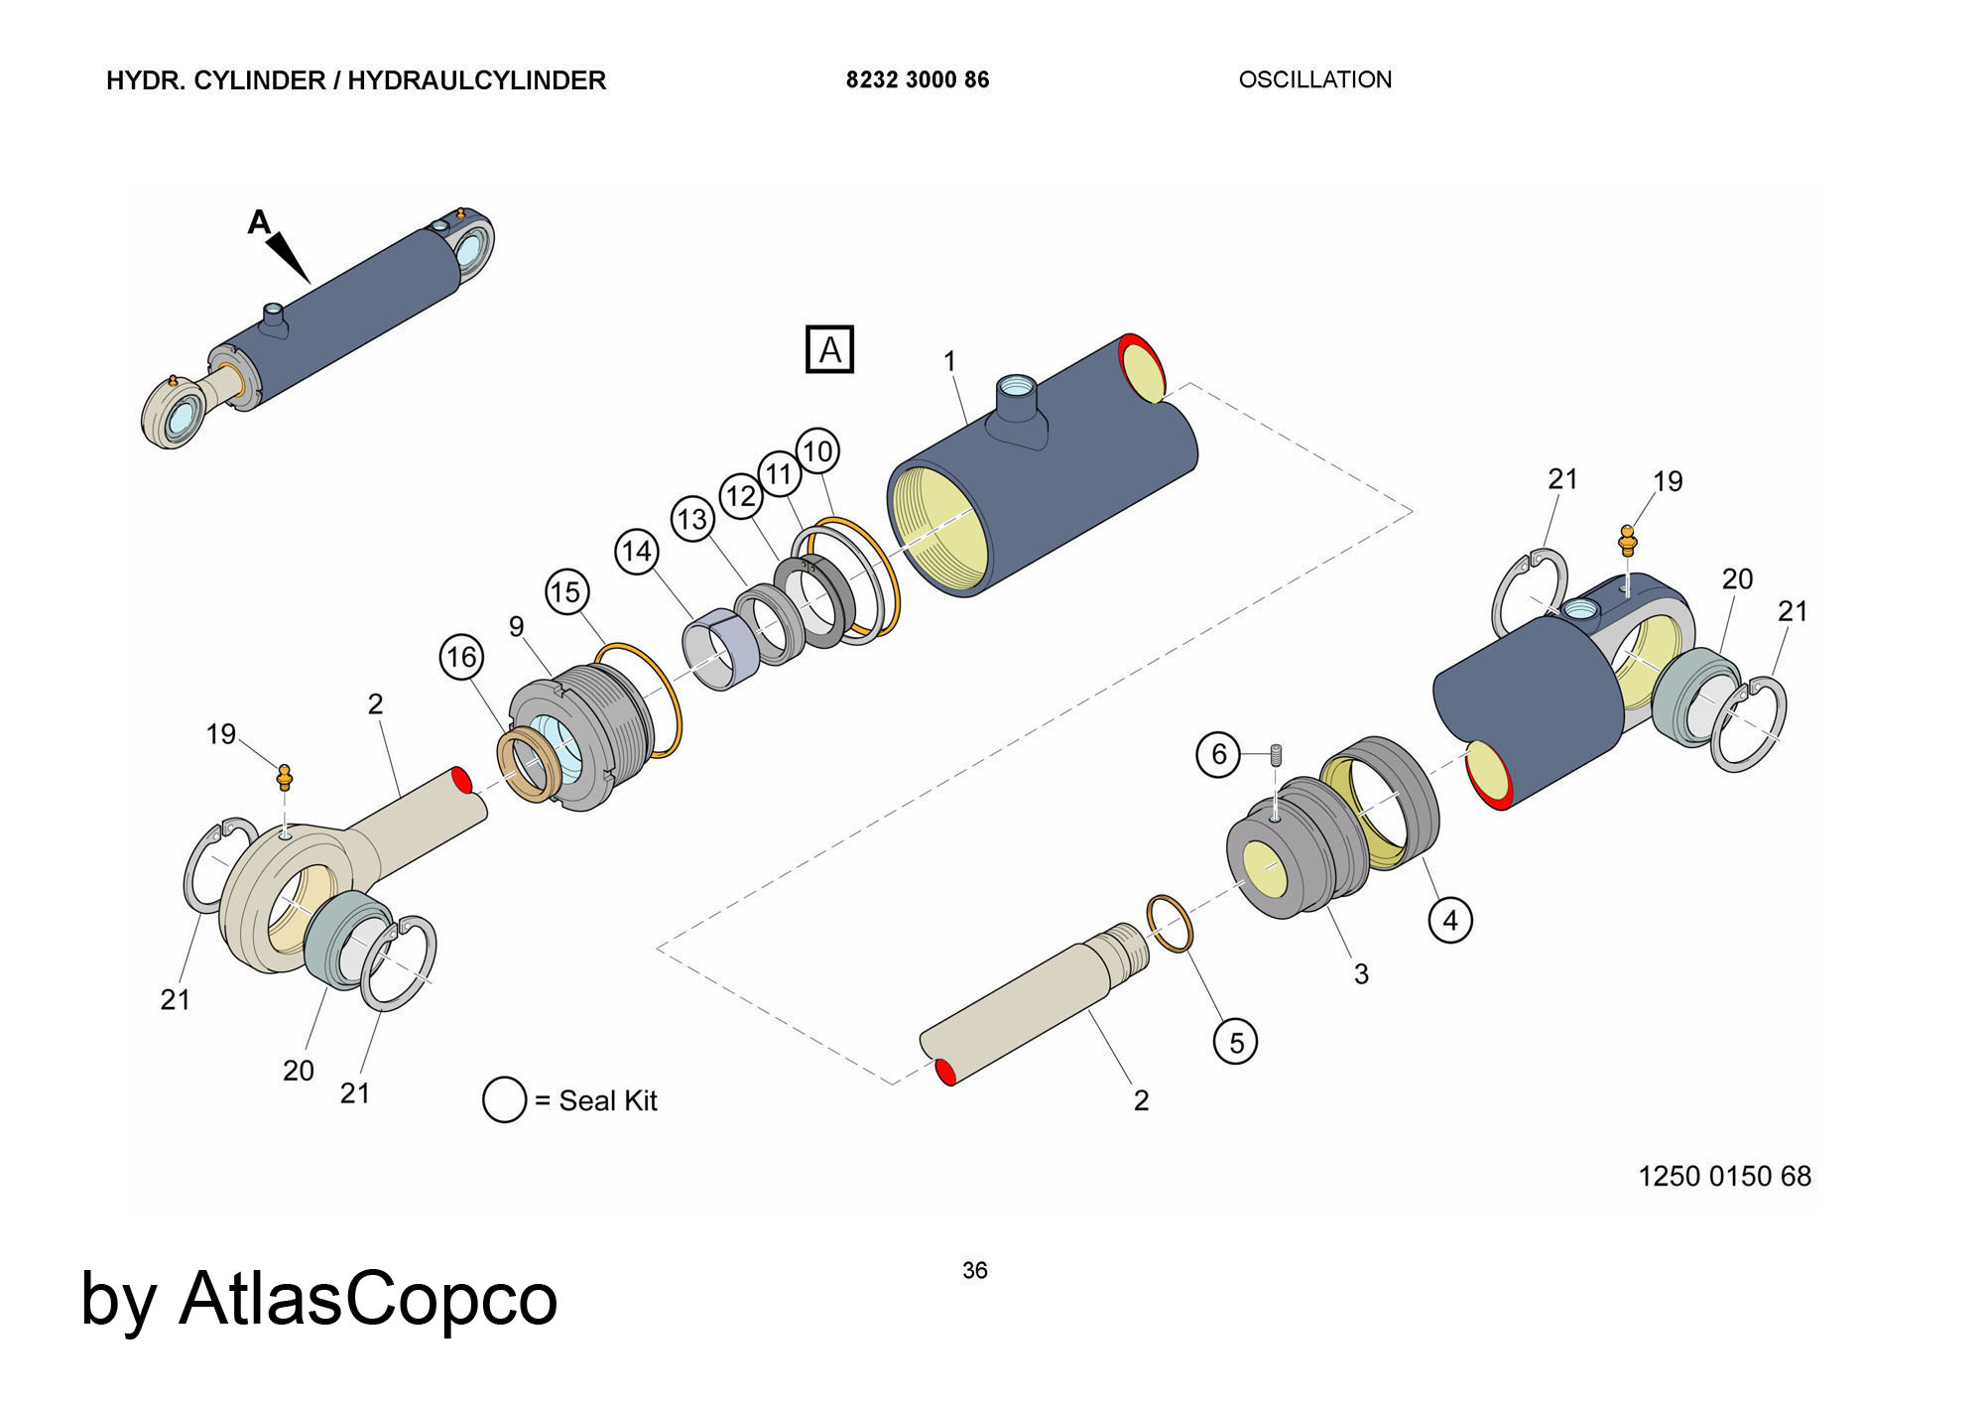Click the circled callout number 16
click(461, 657)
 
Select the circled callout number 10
click(817, 451)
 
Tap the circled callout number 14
click(637, 551)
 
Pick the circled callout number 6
click(1219, 754)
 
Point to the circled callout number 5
click(1236, 1042)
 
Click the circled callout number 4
click(1450, 920)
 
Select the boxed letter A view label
click(829, 349)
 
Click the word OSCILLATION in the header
click(1314, 79)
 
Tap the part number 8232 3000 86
click(918, 79)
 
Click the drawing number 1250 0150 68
click(1724, 1176)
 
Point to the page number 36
click(975, 1270)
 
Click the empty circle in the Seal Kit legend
click(504, 1100)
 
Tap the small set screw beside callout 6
click(1277, 755)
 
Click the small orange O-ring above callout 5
click(1170, 923)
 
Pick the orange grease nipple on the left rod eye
click(285, 776)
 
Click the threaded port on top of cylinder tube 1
click(1017, 389)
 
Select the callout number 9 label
click(516, 626)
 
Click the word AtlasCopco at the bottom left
click(368, 1299)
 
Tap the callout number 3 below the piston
click(1361, 974)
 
